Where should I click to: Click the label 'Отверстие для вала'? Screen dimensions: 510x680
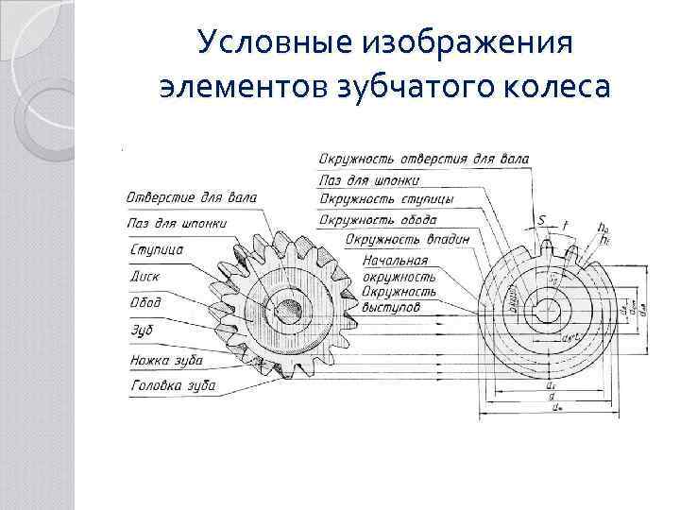(191, 197)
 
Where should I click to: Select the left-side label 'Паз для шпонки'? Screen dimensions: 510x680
(176, 224)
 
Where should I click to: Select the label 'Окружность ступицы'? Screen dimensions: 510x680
(385, 199)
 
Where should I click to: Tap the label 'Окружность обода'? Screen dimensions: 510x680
(378, 220)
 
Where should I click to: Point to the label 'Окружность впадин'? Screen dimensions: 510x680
(408, 240)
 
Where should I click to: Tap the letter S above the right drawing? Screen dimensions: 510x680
(542, 221)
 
